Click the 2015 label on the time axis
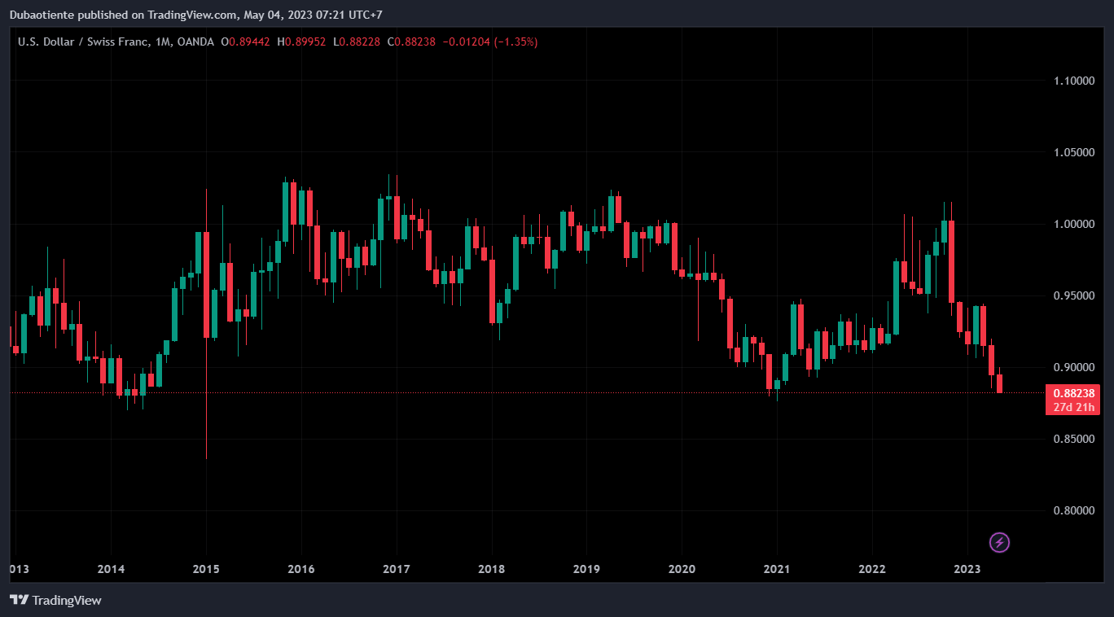click(x=206, y=568)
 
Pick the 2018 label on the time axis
click(x=491, y=568)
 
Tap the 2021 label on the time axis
click(x=777, y=568)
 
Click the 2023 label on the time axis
click(x=967, y=568)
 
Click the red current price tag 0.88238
click(x=1072, y=393)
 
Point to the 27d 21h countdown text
click(x=1072, y=407)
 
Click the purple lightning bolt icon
click(x=999, y=542)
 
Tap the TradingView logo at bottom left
click(x=55, y=600)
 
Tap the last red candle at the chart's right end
click(x=999, y=383)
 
